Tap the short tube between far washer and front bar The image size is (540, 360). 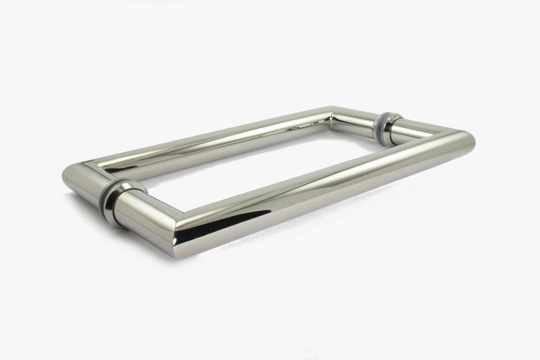click(x=417, y=131)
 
